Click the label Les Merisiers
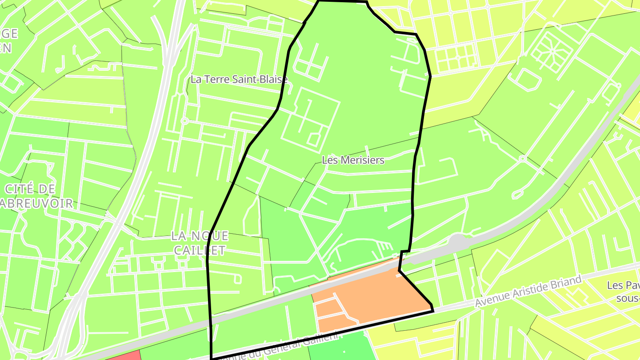(353, 160)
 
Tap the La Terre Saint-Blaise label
(239, 80)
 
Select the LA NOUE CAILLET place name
(200, 243)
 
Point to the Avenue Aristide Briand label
(528, 292)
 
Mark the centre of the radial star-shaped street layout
(552, 51)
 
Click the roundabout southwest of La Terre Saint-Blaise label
(184, 120)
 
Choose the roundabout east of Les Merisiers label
(523, 159)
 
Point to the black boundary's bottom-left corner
(212, 358)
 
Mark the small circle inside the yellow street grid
(458, 57)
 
